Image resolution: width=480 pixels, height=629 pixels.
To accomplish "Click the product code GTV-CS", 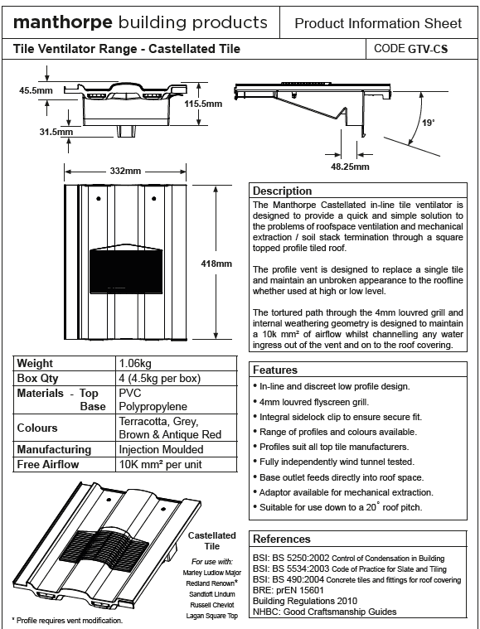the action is [428, 49].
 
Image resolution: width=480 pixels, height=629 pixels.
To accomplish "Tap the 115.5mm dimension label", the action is [203, 104].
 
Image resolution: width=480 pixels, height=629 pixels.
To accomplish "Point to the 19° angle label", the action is [429, 123].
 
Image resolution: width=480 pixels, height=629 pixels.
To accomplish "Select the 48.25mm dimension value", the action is [350, 167].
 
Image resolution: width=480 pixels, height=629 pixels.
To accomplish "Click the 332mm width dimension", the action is [125, 171].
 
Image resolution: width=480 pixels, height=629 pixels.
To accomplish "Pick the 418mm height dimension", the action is [216, 264].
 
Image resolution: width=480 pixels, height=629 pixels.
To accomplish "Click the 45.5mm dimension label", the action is [36, 90].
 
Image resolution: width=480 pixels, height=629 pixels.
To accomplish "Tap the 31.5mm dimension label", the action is [56, 132].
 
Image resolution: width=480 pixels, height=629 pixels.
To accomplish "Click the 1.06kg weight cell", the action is [135, 364].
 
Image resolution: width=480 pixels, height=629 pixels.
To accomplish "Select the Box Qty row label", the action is [38, 378].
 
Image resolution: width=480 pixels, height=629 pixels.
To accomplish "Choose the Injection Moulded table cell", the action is [161, 449].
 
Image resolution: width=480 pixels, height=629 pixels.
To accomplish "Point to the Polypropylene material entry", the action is [153, 406].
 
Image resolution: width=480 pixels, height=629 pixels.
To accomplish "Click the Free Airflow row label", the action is [48, 465].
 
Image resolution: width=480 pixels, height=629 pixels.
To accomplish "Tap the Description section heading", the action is [282, 191].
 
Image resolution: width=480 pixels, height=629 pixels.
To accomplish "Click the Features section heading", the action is [275, 370].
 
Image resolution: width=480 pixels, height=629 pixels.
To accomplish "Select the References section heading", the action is [282, 539].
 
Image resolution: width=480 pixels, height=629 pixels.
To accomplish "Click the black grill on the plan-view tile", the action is [126, 271].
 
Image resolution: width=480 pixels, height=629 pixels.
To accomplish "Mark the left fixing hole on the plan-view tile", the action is [99, 199].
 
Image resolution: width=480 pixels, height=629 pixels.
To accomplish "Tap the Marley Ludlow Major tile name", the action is [212, 573].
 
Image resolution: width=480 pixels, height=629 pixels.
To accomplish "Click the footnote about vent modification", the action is [67, 621].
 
